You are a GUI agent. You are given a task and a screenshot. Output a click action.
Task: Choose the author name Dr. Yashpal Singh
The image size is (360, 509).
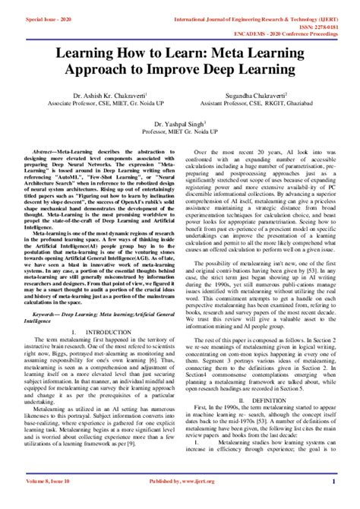(x=179, y=122)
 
